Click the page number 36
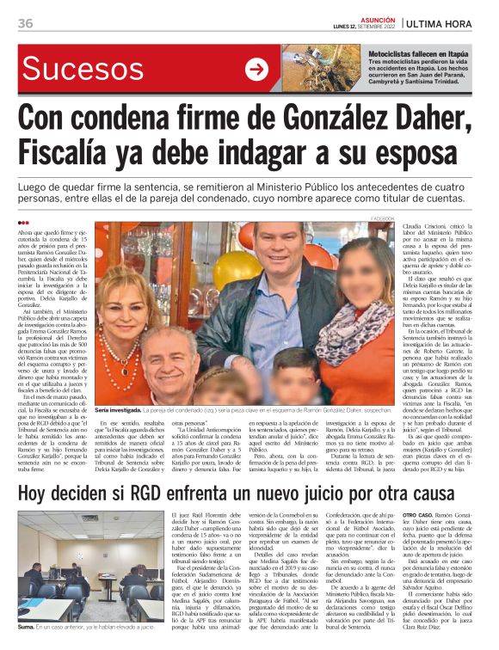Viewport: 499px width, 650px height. coord(25,23)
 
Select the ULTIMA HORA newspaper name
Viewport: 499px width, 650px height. coord(452,23)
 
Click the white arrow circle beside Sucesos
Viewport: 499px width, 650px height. coord(256,70)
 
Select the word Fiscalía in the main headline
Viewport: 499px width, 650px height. coord(81,156)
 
